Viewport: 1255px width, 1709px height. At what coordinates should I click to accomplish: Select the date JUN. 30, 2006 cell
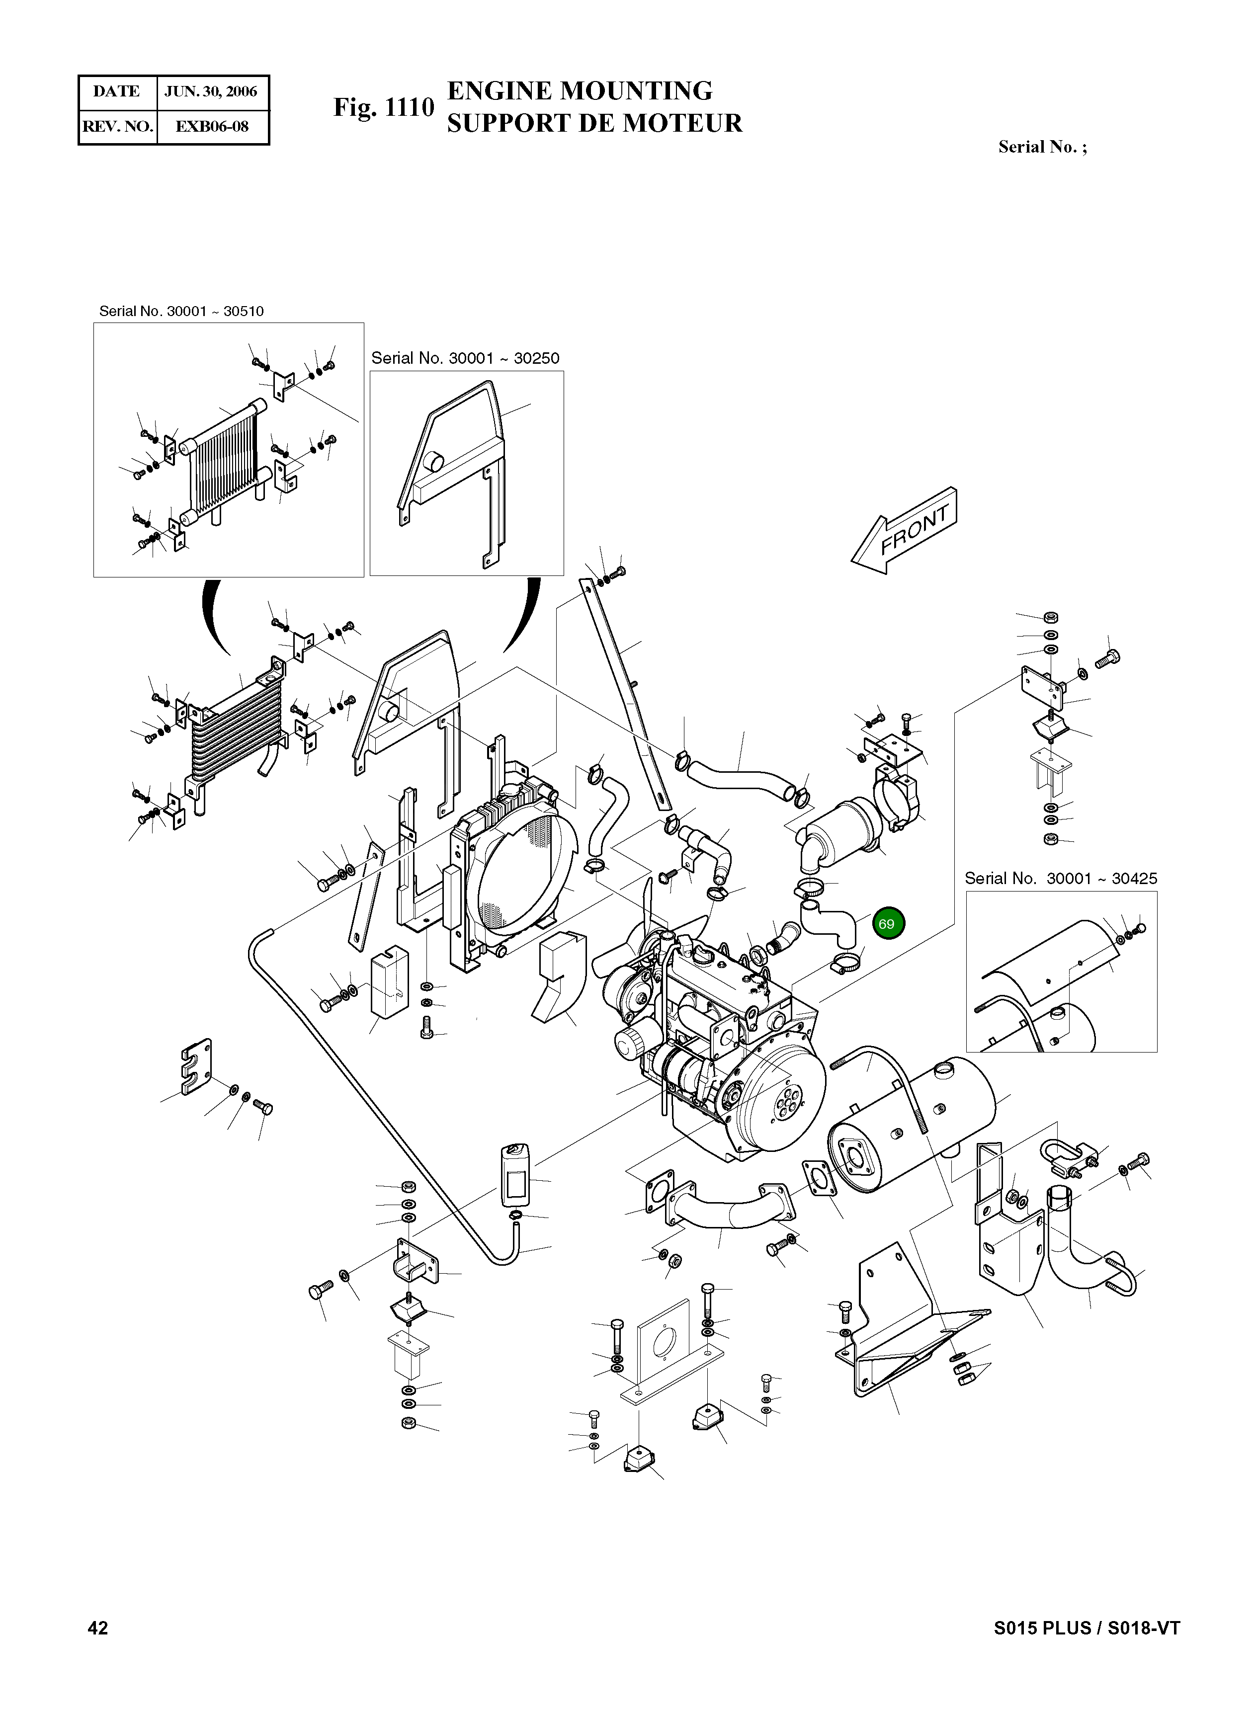point(211,92)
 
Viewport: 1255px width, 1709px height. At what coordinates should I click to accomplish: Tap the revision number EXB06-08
point(212,126)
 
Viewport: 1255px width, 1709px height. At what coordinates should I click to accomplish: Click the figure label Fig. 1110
point(384,107)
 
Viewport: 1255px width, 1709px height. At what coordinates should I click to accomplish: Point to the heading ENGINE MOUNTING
point(580,90)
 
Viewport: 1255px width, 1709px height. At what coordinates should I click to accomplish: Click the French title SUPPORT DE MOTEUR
point(594,123)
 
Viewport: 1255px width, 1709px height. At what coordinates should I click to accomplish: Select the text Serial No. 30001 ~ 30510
point(181,312)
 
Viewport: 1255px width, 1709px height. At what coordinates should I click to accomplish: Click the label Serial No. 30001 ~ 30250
point(465,358)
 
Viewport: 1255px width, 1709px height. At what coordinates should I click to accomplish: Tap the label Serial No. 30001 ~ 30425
point(1061,879)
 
